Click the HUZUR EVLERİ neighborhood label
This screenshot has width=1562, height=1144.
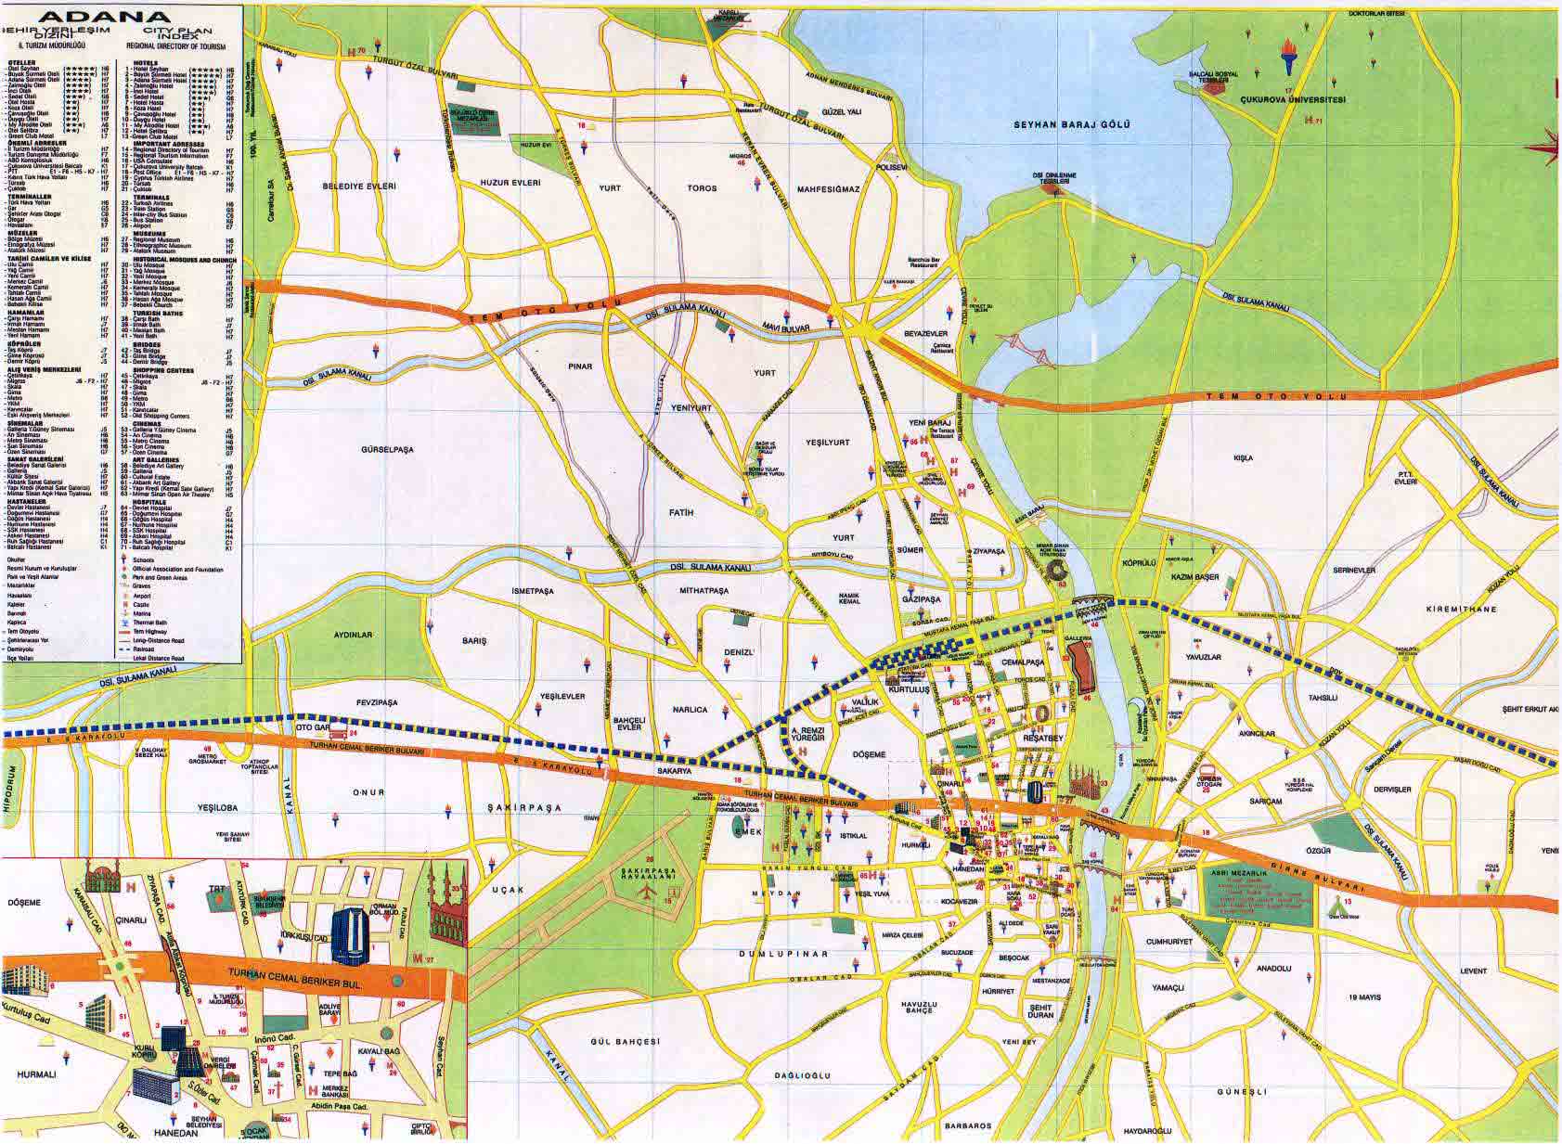click(510, 184)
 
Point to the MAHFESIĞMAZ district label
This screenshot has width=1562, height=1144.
click(828, 189)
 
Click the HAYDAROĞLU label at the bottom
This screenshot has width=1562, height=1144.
click(1146, 1132)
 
